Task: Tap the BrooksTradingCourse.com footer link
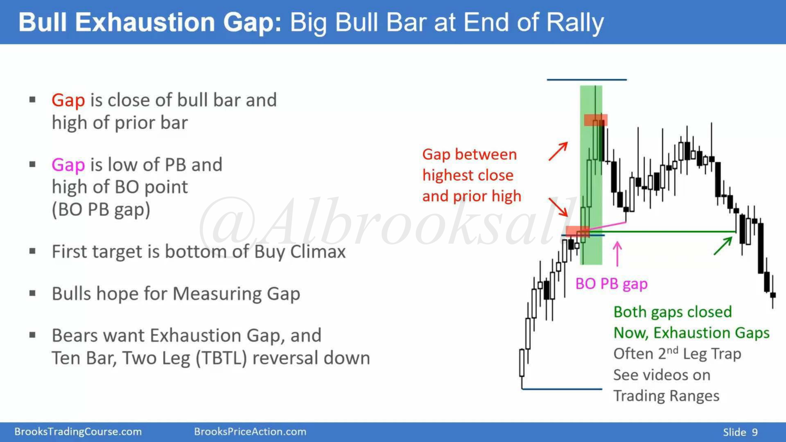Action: [x=78, y=432]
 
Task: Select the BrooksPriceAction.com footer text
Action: [x=250, y=432]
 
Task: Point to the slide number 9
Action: [x=755, y=432]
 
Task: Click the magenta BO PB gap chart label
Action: [x=611, y=284]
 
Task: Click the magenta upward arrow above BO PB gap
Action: [x=617, y=254]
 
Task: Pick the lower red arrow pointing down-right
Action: [x=558, y=207]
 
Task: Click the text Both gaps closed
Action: [x=672, y=312]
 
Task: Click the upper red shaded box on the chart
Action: [x=596, y=120]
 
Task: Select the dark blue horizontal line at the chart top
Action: [x=587, y=80]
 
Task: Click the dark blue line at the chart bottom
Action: [x=562, y=389]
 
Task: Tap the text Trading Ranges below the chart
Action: [x=666, y=396]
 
